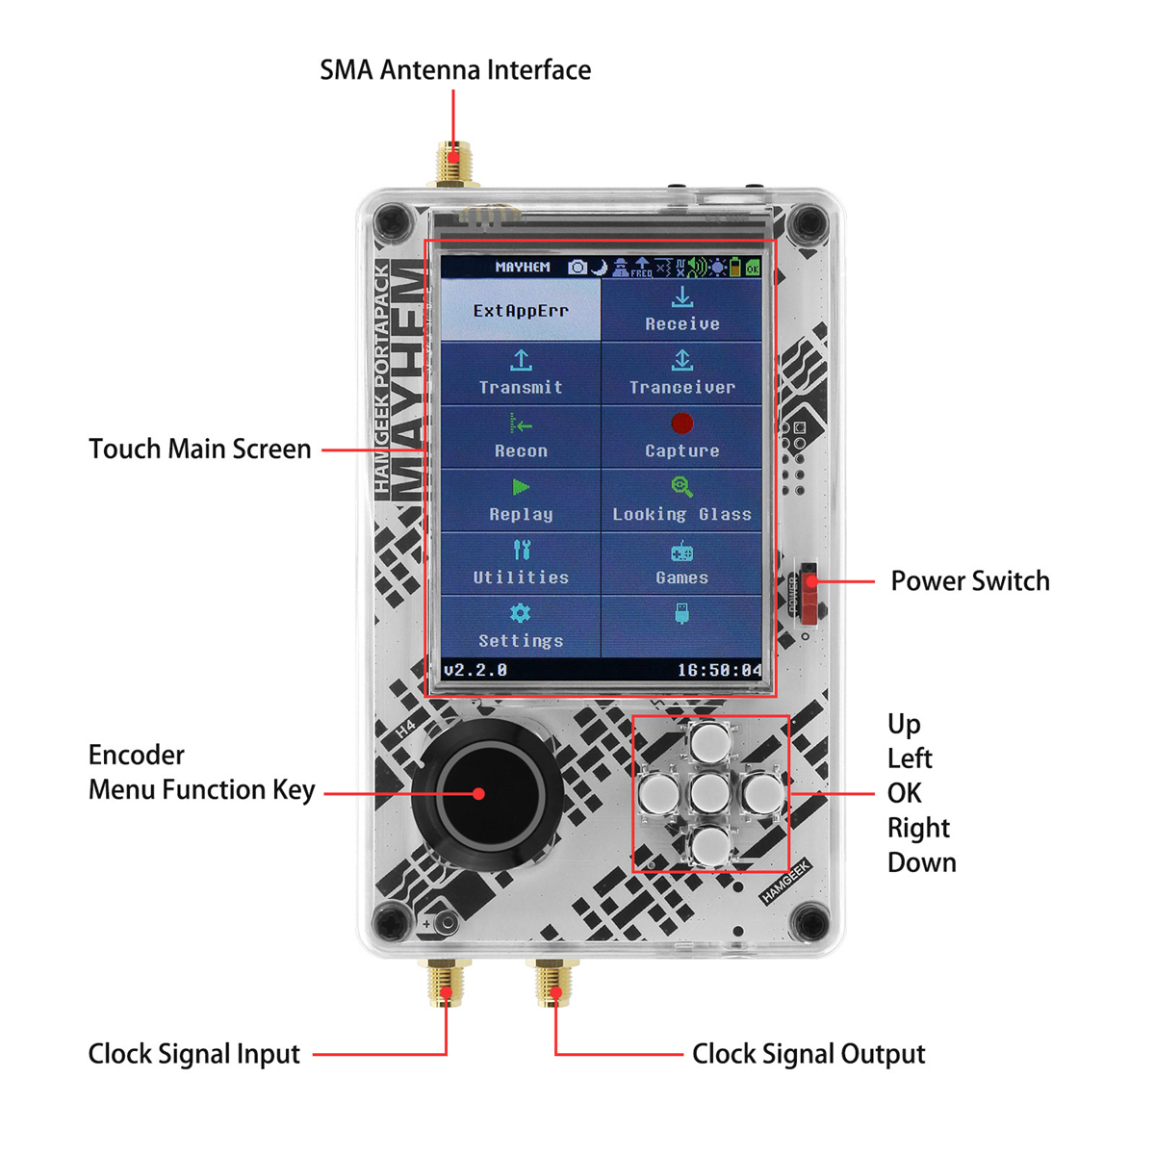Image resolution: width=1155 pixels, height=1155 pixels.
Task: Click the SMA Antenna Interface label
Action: tap(455, 70)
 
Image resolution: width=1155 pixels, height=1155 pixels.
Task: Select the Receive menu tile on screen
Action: tap(681, 310)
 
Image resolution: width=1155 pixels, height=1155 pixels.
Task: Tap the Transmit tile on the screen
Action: tap(521, 373)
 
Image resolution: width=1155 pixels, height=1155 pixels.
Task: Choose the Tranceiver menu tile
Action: tap(681, 373)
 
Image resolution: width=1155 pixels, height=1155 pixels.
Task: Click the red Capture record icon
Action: tap(681, 423)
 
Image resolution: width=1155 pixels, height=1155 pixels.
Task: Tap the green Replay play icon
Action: tap(521, 487)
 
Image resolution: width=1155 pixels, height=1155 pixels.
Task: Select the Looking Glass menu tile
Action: tap(681, 500)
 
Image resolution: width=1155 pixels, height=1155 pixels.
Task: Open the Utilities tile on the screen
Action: tap(521, 563)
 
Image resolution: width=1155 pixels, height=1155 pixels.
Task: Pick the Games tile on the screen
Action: tap(681, 563)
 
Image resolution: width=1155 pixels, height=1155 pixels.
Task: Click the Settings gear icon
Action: tap(521, 613)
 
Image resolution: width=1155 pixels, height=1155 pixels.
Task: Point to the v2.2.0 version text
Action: tap(475, 670)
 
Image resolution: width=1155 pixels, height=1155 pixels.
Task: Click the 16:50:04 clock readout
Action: tap(719, 670)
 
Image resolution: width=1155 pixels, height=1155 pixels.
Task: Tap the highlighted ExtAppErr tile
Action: tap(521, 310)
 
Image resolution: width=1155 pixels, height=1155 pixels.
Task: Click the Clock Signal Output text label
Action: tap(808, 1054)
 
